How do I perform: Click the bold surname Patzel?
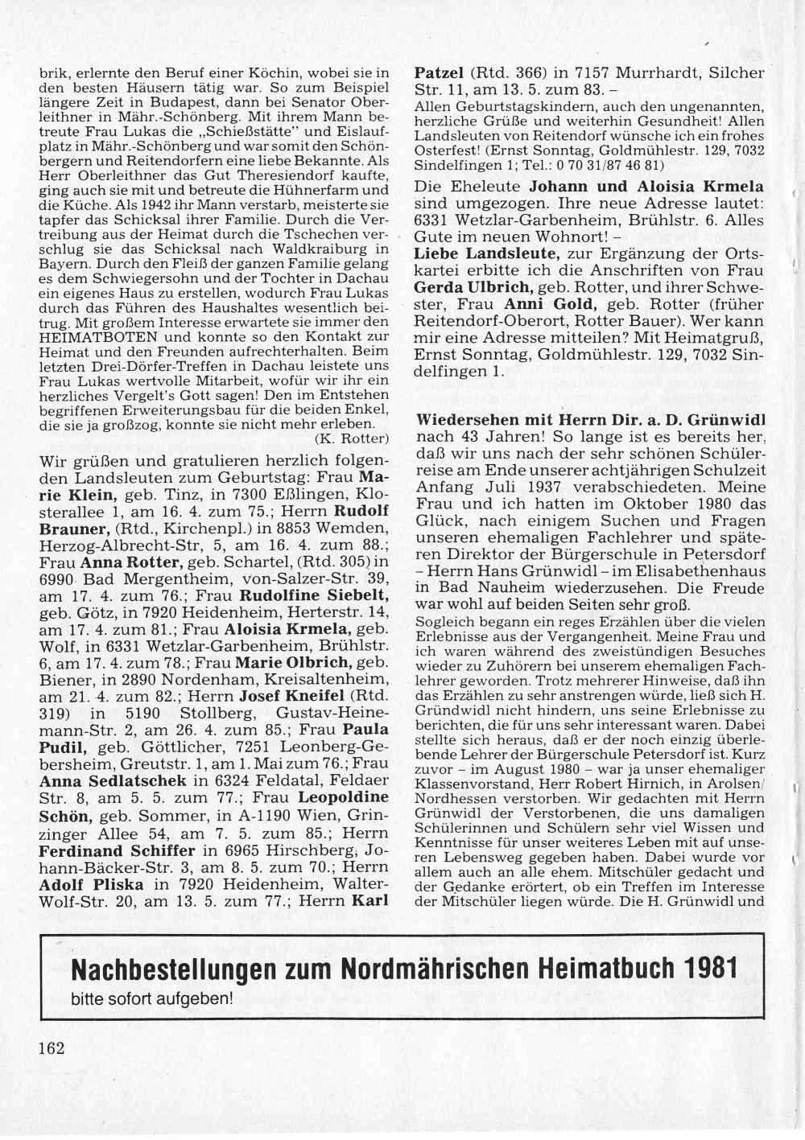439,72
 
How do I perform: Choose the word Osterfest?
446,150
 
